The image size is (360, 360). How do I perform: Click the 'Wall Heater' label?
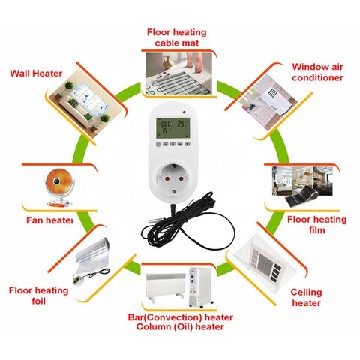click(36, 73)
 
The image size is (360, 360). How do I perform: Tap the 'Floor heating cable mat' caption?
click(177, 37)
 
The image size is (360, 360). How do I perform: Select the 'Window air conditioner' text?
click(317, 72)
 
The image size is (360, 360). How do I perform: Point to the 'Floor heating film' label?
click(316, 225)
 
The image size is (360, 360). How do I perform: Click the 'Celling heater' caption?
click(306, 298)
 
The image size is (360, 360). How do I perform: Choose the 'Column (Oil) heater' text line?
click(180, 327)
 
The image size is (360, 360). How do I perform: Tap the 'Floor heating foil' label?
click(38, 295)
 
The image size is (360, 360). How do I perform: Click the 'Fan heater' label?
click(49, 220)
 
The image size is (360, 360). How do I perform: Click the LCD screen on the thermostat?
click(172, 128)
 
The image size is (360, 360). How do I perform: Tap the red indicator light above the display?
click(184, 112)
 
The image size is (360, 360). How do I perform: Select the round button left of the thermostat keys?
click(158, 144)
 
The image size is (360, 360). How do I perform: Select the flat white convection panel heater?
click(166, 286)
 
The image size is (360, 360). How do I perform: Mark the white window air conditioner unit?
click(275, 100)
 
